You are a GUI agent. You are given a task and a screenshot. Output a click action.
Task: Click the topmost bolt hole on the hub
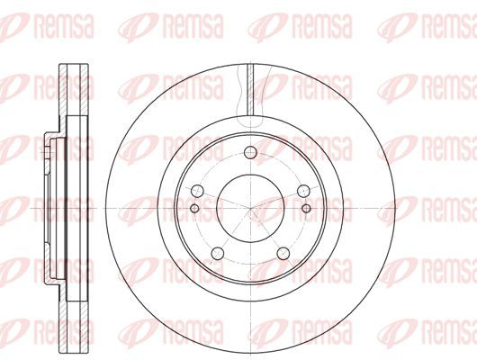tap(250, 152)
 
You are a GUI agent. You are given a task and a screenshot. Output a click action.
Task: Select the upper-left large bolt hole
tap(197, 191)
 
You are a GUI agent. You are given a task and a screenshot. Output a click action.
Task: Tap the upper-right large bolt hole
tap(303, 191)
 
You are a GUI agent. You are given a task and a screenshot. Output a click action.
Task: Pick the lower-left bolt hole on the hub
tap(218, 253)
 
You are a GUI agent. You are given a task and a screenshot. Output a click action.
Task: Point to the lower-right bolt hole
tap(283, 253)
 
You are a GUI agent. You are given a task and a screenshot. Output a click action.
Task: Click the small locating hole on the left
tap(194, 209)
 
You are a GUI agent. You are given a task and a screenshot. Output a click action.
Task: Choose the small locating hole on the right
tap(307, 209)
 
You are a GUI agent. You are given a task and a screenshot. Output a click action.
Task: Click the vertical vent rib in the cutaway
tap(250, 89)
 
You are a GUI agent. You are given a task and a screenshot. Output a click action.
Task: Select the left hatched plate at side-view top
tap(63, 90)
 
